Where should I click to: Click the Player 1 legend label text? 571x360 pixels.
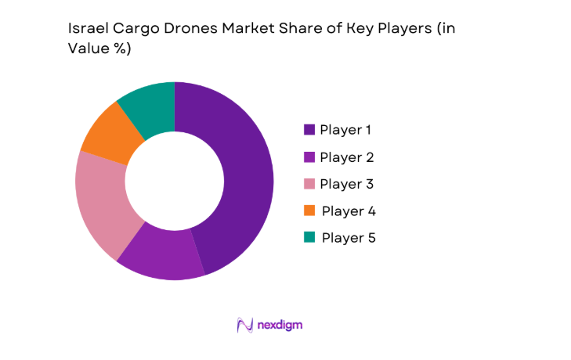tap(346, 130)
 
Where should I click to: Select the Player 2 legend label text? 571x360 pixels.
tap(346, 157)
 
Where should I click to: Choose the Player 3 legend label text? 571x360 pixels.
tap(346, 184)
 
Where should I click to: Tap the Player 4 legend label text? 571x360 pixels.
tap(349, 211)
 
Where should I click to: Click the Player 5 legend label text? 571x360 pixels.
tap(349, 238)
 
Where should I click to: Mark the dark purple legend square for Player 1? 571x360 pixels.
tap(309, 130)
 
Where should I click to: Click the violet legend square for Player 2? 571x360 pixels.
tap(309, 157)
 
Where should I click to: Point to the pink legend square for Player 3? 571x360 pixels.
tap(309, 184)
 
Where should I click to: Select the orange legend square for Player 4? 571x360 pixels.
tap(309, 211)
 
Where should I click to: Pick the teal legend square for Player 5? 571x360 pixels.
tap(309, 238)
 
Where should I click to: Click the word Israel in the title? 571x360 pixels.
tap(87, 29)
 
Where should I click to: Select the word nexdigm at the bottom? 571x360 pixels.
tap(280, 325)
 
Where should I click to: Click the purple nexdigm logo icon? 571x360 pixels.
tap(244, 325)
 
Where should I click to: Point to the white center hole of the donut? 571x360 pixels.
tap(175, 181)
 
